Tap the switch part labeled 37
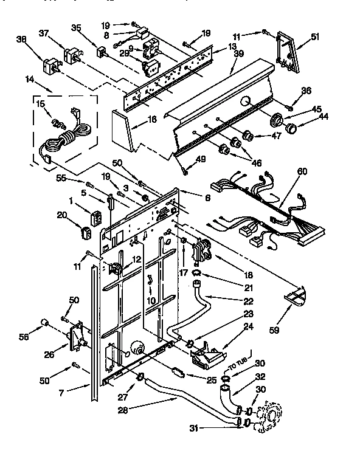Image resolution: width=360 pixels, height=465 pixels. point(72,56)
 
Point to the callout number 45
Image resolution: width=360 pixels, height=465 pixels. point(300,109)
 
